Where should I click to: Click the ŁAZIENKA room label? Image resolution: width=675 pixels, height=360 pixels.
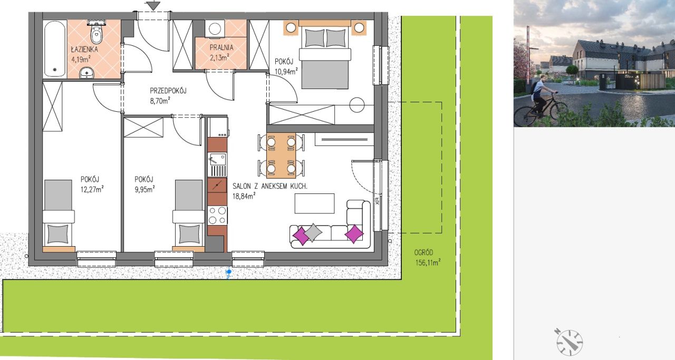84,49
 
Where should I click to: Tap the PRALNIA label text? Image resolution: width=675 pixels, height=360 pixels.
221,47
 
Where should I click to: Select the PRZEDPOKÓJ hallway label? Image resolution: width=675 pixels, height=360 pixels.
168,91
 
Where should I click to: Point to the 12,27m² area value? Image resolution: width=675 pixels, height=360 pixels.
92,189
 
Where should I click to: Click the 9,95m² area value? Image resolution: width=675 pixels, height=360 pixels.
144,189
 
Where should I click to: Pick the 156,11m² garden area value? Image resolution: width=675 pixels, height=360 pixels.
428,262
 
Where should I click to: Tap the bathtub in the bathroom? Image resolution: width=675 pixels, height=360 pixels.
54,48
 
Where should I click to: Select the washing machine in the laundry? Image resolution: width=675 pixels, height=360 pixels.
215,29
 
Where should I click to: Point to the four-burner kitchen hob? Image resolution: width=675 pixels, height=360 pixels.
217,216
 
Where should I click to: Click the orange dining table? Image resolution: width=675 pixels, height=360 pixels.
281,155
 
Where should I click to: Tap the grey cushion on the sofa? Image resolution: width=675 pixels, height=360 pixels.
313,232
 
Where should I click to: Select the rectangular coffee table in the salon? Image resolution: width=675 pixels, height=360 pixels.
314,203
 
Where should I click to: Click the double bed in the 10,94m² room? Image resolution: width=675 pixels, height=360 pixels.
325,55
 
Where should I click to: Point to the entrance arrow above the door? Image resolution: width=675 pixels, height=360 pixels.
153,5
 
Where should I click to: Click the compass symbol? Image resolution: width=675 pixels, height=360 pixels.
569,342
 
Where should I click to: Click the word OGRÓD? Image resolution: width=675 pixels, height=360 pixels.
423,252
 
